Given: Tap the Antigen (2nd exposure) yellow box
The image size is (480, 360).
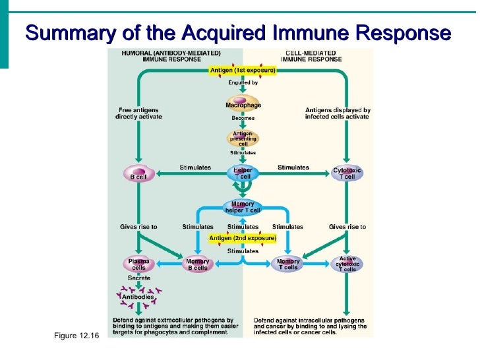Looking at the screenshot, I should pos(243,238).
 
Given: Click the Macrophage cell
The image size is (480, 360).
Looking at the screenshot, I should pos(243,105).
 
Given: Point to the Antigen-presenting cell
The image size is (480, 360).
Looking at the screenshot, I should pos(243,139).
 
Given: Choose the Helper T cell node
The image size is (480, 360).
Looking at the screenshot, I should pos(243,174).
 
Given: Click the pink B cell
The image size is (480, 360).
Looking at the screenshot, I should pos(138,175).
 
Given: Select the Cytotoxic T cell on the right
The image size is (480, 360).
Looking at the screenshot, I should pos(347,174).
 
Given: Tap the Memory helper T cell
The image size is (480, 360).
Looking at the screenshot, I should pos(243,207).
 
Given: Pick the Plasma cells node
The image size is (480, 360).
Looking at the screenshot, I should pos(138,265).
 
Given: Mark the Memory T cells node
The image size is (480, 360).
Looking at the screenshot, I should pos(288,265).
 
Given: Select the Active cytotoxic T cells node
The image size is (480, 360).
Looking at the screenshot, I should pos(347,264).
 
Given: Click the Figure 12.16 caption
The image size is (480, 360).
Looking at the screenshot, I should pos(76,337).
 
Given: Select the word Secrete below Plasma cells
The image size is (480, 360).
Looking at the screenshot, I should pos(138,278).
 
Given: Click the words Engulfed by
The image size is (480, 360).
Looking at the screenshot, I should pos(243,83).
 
